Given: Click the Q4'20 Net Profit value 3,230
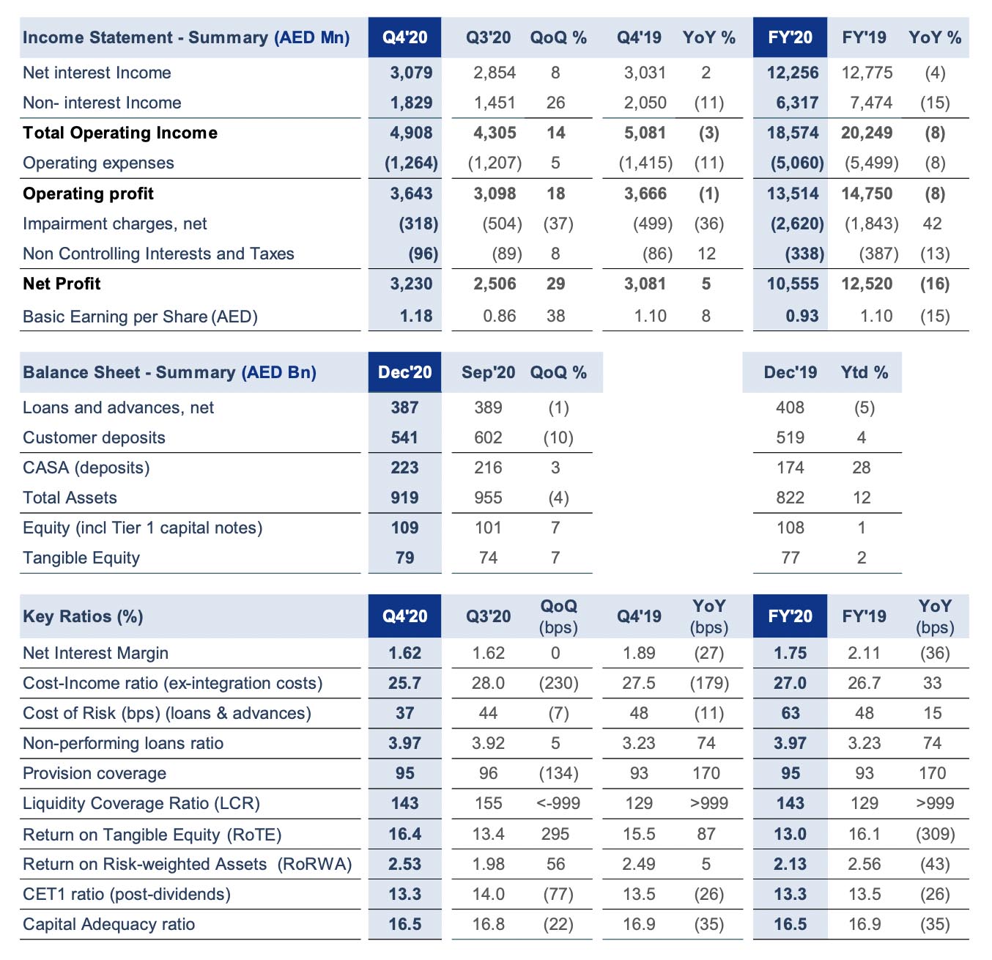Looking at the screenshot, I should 411,284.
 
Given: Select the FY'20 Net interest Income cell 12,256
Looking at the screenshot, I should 793,73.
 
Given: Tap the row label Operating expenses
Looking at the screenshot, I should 98,163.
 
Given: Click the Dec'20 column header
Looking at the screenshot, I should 404,372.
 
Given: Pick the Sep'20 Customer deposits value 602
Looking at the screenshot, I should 488,437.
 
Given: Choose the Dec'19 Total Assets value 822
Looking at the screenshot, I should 790,498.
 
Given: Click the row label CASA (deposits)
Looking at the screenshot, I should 86,468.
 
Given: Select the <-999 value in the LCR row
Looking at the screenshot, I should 558,803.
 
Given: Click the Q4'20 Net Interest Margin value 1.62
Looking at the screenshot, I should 404,653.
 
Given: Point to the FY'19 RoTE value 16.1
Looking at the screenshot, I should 864,834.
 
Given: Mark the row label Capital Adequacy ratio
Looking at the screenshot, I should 108,924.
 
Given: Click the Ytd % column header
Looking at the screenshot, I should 864,372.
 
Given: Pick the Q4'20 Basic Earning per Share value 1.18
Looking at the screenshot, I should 415,316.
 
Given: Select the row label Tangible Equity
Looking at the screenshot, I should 81,558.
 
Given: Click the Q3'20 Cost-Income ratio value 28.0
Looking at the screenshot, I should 488,683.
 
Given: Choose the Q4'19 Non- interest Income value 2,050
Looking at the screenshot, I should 645,103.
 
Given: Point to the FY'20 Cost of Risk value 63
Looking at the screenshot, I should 790,713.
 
